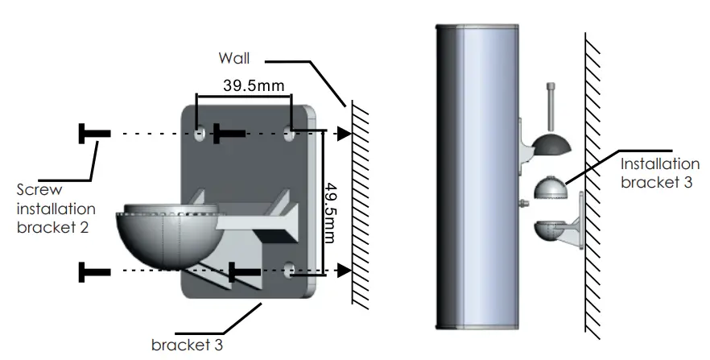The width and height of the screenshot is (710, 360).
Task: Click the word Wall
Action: click(234, 59)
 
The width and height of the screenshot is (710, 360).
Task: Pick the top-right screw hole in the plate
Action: click(290, 132)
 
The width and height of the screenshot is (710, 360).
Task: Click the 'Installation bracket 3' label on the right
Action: click(656, 172)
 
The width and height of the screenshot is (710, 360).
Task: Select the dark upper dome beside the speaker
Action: click(551, 144)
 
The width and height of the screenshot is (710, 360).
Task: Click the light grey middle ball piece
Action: click(551, 188)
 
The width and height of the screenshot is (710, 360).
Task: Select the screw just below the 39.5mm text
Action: click(228, 133)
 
